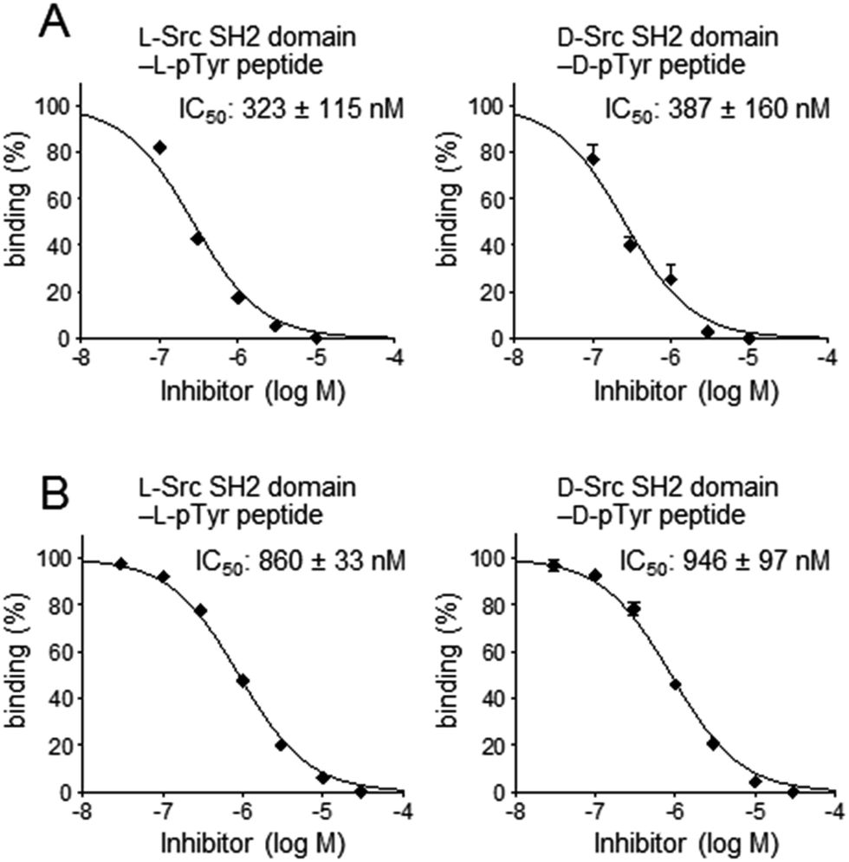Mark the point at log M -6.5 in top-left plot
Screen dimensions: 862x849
(198, 238)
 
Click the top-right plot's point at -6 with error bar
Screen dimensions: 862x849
(671, 279)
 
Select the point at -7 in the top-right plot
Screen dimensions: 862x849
(593, 159)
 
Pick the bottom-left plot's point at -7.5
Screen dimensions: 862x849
(121, 564)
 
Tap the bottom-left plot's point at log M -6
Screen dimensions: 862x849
(243, 681)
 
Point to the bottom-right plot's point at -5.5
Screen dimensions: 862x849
(712, 743)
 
